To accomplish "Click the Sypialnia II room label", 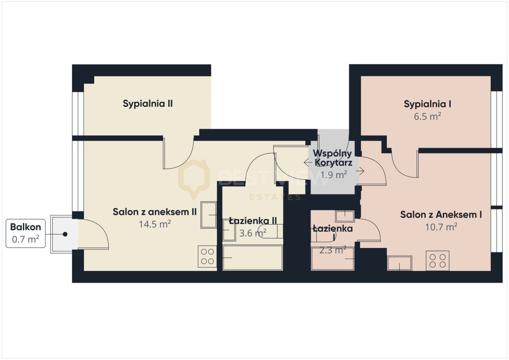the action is tap(148, 103).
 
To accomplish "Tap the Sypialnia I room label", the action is tap(427, 104).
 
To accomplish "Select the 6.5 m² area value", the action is tap(427, 116).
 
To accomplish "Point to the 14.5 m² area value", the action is tap(155, 224).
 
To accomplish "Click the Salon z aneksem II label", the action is tap(154, 212).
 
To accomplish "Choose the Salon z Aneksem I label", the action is tap(441, 215).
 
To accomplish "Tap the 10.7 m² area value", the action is tap(441, 227).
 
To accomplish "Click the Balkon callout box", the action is tap(25, 233).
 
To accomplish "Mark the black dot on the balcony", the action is tap(65, 234).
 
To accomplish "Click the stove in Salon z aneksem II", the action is tap(207, 257).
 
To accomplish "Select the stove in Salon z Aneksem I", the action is tap(437, 261).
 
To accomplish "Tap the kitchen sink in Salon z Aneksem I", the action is tap(400, 263).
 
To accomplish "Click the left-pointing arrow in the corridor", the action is tap(308, 163).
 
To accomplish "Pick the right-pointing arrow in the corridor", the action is tap(360, 171).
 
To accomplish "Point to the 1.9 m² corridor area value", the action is tap(333, 175).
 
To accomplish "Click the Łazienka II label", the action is tap(253, 221).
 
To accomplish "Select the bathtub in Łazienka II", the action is tap(253, 257).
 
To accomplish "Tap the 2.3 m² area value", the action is tap(333, 250).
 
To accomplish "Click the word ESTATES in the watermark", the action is tap(275, 197).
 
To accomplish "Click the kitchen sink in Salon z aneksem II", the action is tap(208, 215).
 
